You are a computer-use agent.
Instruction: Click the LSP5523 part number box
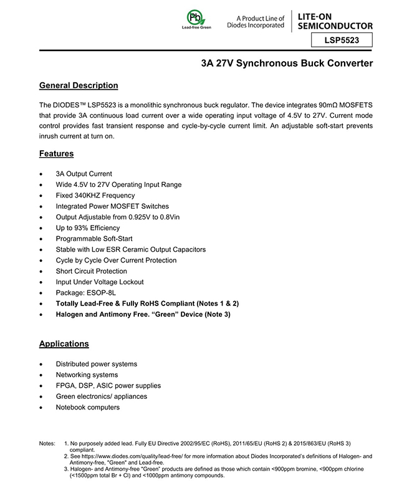pos(342,41)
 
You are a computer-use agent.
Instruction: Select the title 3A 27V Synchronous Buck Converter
pos(287,64)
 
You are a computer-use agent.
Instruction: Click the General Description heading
pos(79,85)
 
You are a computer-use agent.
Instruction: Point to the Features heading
pos(56,153)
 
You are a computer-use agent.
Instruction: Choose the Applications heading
pos(64,343)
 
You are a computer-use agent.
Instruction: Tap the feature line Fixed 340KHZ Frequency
pos(95,195)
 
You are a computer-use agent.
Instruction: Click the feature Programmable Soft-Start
pos(94,239)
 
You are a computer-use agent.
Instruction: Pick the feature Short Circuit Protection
pos(91,271)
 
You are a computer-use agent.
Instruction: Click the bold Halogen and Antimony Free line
pos(143,314)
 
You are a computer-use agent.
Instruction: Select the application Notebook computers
pos(87,407)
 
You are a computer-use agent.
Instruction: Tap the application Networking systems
pos(87,375)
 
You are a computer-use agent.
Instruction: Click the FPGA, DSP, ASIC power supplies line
pos(108,386)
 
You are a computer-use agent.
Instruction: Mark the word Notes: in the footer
pos(47,443)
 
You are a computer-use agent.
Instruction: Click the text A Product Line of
pos(261,18)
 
